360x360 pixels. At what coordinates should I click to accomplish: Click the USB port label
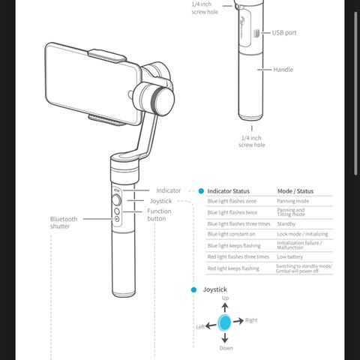click(x=284, y=33)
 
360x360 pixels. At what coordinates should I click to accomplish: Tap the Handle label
click(x=283, y=70)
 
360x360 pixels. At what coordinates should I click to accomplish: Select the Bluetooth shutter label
click(x=64, y=223)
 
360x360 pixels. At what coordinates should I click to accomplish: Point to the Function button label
click(x=159, y=214)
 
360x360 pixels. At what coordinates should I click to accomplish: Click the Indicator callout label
click(x=169, y=190)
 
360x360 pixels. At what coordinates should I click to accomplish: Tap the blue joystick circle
click(x=224, y=322)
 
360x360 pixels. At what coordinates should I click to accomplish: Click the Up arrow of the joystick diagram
click(x=225, y=307)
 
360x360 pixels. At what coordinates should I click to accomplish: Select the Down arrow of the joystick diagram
click(x=225, y=337)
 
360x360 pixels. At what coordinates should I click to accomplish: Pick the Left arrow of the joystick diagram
click(x=211, y=325)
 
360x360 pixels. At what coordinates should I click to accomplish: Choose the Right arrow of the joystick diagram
click(x=238, y=321)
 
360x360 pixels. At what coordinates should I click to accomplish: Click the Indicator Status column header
click(x=229, y=191)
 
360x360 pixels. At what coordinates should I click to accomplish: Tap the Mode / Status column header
click(x=295, y=191)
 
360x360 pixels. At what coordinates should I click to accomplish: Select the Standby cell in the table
click(x=286, y=223)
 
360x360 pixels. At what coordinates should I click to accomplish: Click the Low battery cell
click(x=289, y=256)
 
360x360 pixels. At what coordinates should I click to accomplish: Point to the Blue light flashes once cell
click(x=232, y=201)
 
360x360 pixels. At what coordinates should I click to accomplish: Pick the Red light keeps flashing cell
click(x=233, y=268)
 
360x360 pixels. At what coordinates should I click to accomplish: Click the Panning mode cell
click(x=292, y=201)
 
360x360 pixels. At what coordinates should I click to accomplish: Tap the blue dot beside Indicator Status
click(x=201, y=191)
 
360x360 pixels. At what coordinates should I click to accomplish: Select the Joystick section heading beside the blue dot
click(x=215, y=289)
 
